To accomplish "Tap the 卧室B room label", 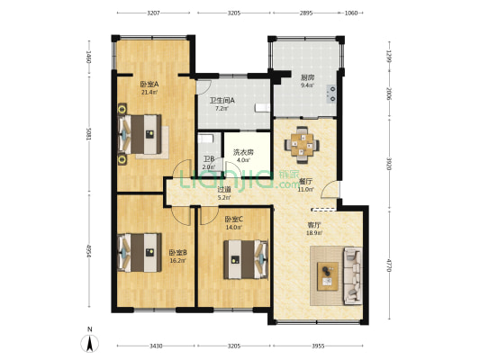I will click(x=177, y=253).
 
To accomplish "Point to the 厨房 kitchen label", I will click(x=308, y=78).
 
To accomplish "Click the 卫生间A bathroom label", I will click(x=222, y=101).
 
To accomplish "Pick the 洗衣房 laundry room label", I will click(x=243, y=152).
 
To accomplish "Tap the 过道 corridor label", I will click(x=224, y=190).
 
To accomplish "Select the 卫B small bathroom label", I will click(x=208, y=159).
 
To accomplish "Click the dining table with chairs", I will click(x=300, y=142).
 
